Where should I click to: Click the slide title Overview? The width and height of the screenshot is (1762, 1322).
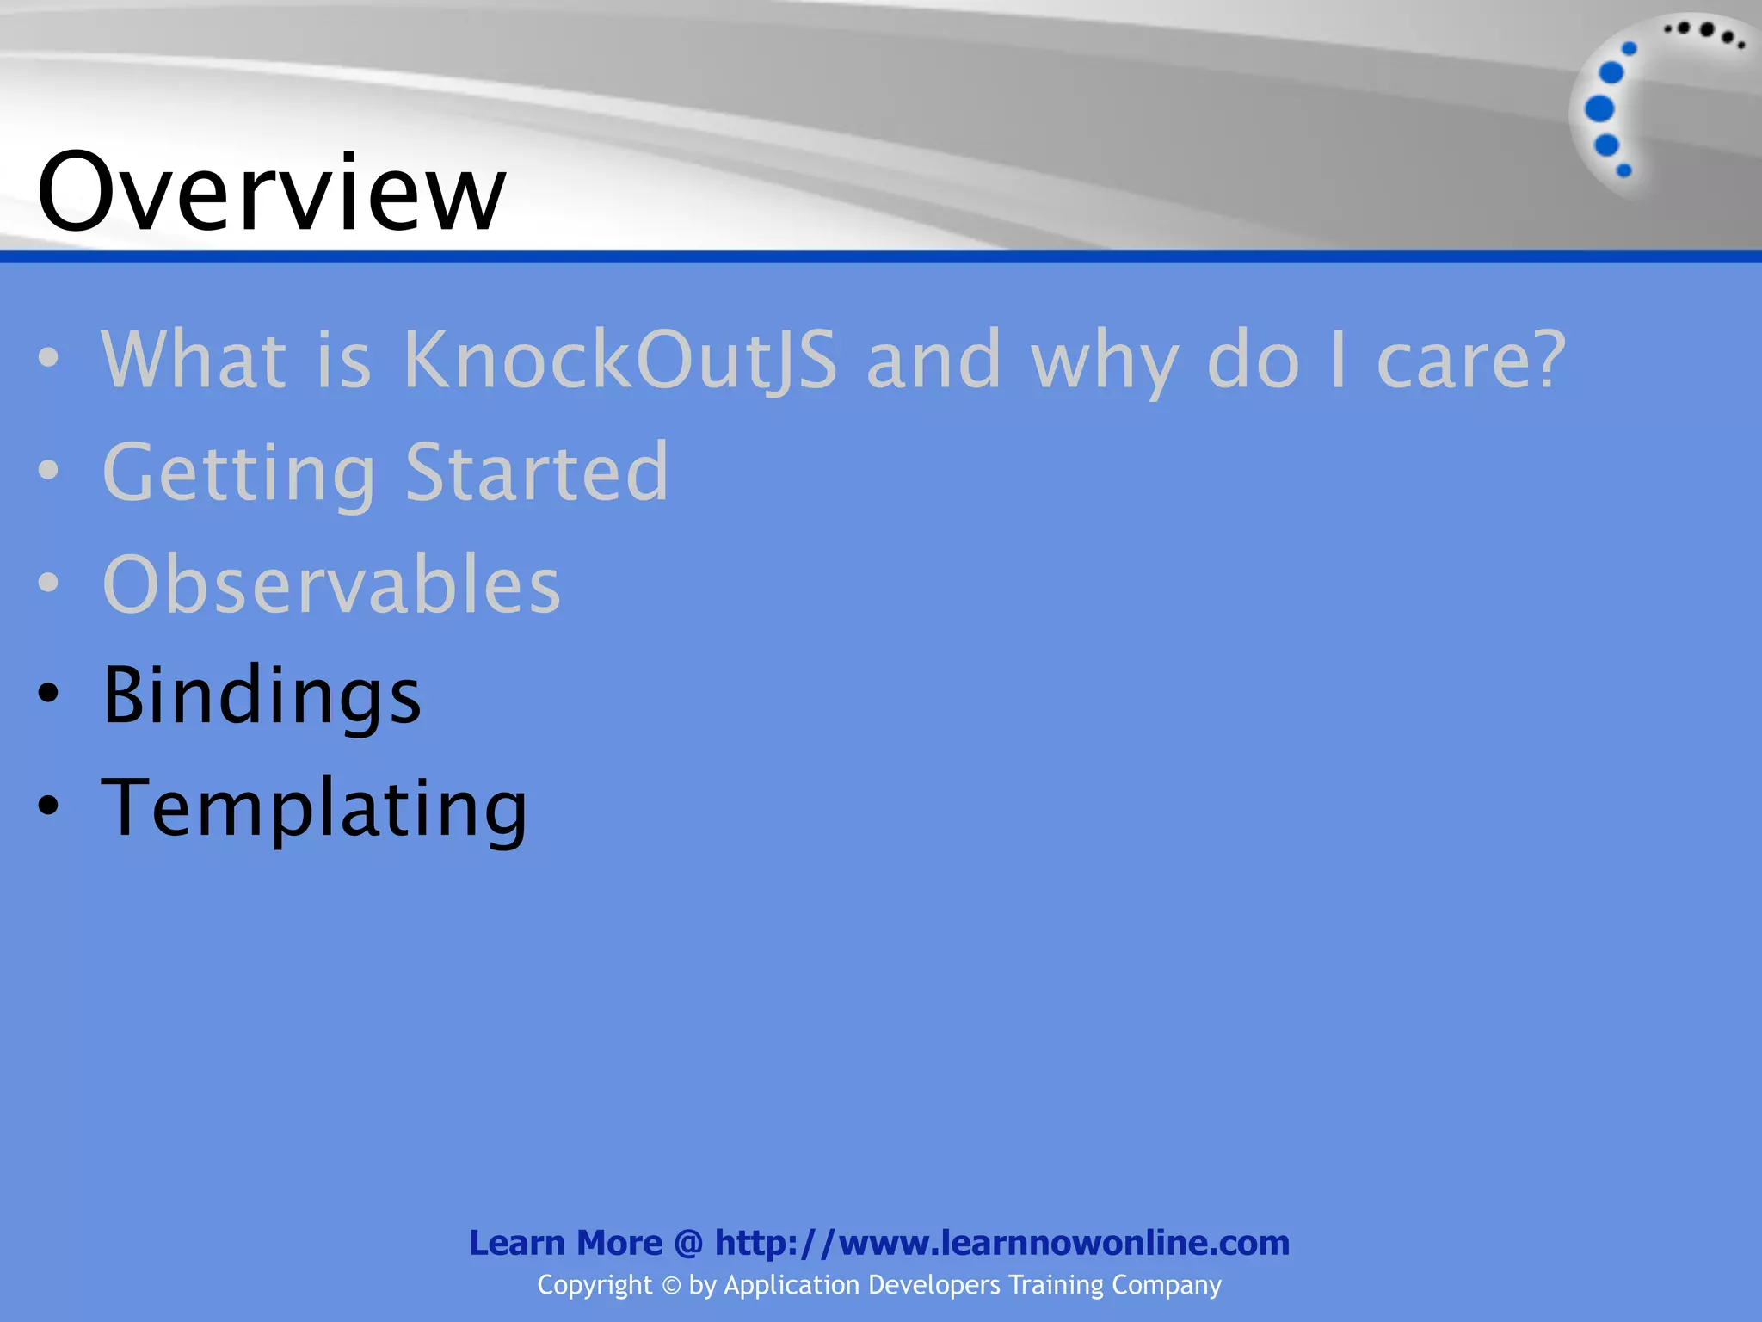[271, 192]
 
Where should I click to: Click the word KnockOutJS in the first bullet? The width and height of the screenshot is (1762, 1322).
[619, 359]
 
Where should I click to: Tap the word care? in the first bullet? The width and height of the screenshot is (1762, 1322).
[1471, 359]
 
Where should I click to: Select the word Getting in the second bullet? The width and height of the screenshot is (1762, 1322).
[239, 472]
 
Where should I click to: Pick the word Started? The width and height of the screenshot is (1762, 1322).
[536, 472]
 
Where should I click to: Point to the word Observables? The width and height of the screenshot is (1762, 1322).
[331, 584]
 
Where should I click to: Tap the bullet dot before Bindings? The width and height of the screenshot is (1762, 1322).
[49, 694]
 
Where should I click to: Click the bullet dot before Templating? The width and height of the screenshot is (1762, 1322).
[49, 806]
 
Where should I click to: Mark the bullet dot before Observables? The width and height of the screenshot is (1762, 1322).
[49, 583]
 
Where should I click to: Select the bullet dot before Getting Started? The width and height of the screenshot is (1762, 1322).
[49, 470]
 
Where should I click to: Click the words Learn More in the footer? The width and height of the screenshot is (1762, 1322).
[565, 1243]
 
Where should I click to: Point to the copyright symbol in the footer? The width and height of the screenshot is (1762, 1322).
[671, 1286]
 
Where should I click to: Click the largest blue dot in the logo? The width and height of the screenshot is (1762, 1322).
[1599, 109]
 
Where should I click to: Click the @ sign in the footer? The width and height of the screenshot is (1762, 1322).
[688, 1244]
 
